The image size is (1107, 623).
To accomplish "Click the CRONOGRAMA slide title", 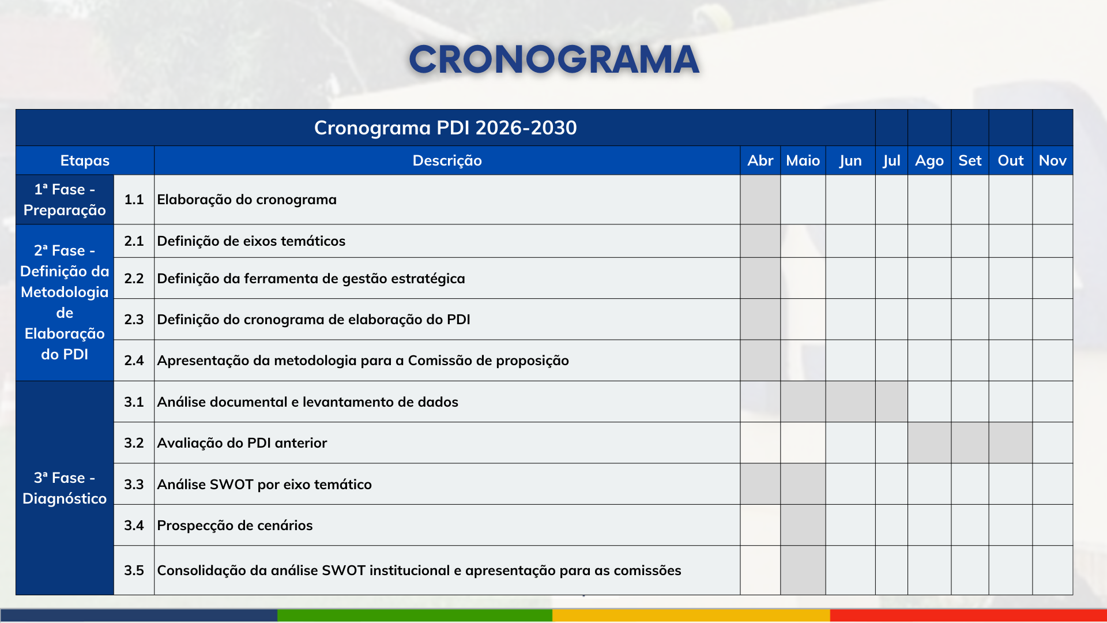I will coord(553,59).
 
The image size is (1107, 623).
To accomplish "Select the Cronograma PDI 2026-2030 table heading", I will coord(445,127).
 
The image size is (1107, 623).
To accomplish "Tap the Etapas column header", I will coord(85,160).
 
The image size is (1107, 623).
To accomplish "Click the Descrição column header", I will coord(447,160).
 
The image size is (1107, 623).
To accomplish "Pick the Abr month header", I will coord(760,160).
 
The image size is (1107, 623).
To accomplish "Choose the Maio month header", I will coord(803,160).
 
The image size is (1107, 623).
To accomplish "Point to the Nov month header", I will coord(1052,160).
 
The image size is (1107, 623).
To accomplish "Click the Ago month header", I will coord(929,160).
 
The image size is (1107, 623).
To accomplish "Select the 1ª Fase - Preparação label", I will coord(65,200).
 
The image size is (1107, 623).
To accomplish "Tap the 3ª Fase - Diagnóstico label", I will coord(65,488).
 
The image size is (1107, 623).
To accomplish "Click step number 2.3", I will coord(134,320).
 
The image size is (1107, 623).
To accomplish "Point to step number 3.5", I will coord(134,571).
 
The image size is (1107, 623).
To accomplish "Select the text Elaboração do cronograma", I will coord(247,200).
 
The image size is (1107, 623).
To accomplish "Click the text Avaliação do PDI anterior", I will coord(242,443).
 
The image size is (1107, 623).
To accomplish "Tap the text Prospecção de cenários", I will coord(235,526).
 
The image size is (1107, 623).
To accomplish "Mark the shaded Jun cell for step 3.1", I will coord(850,401).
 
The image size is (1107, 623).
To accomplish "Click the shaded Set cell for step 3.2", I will coord(970,443).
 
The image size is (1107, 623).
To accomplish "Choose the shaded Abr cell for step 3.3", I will coord(760,485).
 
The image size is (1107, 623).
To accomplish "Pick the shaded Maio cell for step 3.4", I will coord(803,526).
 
